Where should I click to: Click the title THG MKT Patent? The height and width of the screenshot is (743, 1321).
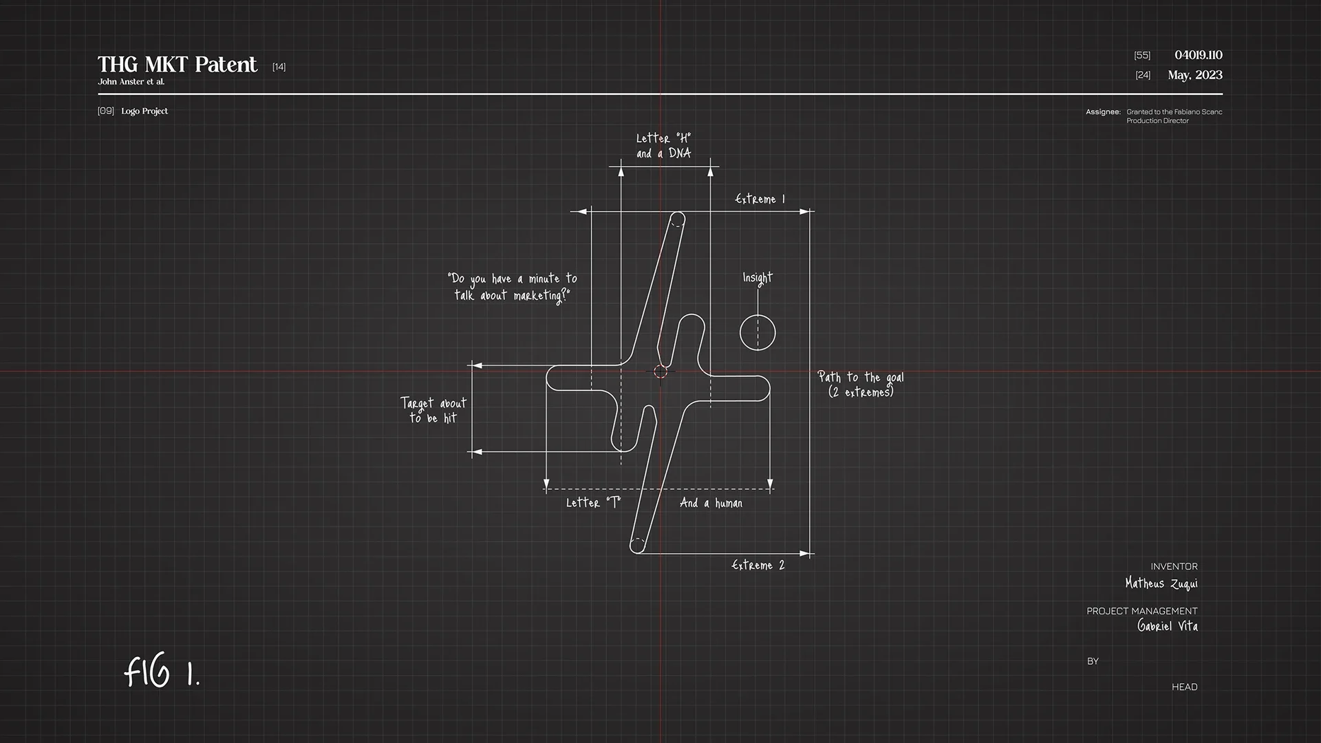pyautogui.click(x=177, y=65)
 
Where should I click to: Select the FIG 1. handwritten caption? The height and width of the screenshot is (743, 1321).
pyautogui.click(x=162, y=671)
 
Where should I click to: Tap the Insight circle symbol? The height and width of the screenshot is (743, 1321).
pyautogui.click(x=758, y=332)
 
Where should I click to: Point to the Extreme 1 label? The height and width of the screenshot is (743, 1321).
pyautogui.click(x=760, y=199)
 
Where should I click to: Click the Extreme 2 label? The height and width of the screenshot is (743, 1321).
pyautogui.click(x=758, y=565)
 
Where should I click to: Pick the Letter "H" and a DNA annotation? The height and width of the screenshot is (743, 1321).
pyautogui.click(x=663, y=146)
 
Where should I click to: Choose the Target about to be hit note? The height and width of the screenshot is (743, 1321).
pyautogui.click(x=433, y=410)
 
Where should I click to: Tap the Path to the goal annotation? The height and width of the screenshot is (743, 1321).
pyautogui.click(x=861, y=385)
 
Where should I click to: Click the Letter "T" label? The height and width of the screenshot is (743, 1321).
pyautogui.click(x=593, y=503)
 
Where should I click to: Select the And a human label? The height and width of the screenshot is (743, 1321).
pyautogui.click(x=711, y=503)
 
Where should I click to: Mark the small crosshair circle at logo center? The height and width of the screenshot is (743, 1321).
pyautogui.click(x=660, y=371)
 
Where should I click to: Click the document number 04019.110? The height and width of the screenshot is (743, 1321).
pyautogui.click(x=1198, y=55)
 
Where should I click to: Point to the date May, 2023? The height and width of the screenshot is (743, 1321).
pyautogui.click(x=1194, y=75)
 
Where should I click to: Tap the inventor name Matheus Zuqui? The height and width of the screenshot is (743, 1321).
pyautogui.click(x=1161, y=583)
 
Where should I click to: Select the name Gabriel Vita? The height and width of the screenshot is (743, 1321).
pyautogui.click(x=1167, y=626)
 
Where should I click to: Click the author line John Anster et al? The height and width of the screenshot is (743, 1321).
pyautogui.click(x=131, y=82)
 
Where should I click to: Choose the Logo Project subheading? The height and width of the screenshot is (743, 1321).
pyautogui.click(x=144, y=111)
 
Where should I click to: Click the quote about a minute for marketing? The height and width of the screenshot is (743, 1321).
pyautogui.click(x=513, y=287)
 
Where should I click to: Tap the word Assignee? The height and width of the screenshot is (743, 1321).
pyautogui.click(x=1103, y=111)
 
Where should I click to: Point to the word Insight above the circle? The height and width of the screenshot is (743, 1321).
pyautogui.click(x=758, y=278)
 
